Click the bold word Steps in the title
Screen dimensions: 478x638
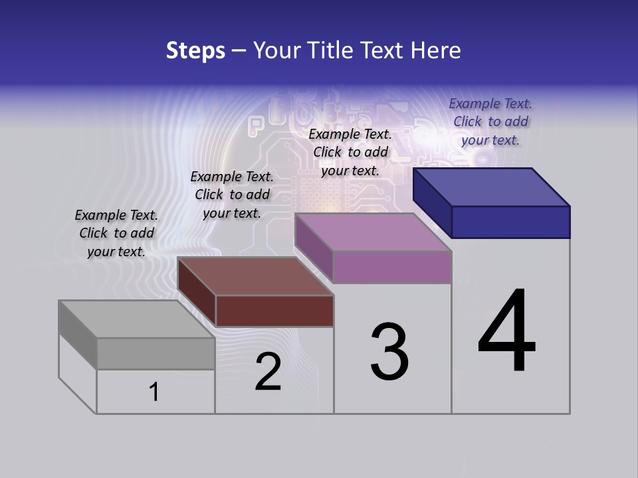[x=195, y=50]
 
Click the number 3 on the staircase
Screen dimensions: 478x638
[x=389, y=352]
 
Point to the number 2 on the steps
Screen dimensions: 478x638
[x=268, y=372]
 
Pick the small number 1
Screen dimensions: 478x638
[x=154, y=392]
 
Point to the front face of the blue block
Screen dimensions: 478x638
[x=510, y=222]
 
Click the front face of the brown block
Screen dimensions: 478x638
[x=274, y=311]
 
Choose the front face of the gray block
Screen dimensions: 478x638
[x=156, y=353]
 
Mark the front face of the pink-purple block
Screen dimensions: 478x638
[x=392, y=267]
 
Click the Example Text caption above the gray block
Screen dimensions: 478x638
[x=116, y=233]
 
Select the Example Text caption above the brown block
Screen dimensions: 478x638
[x=232, y=195]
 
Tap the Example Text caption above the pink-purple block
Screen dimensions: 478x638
[x=350, y=152]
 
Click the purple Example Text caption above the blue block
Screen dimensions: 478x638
[x=490, y=121]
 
